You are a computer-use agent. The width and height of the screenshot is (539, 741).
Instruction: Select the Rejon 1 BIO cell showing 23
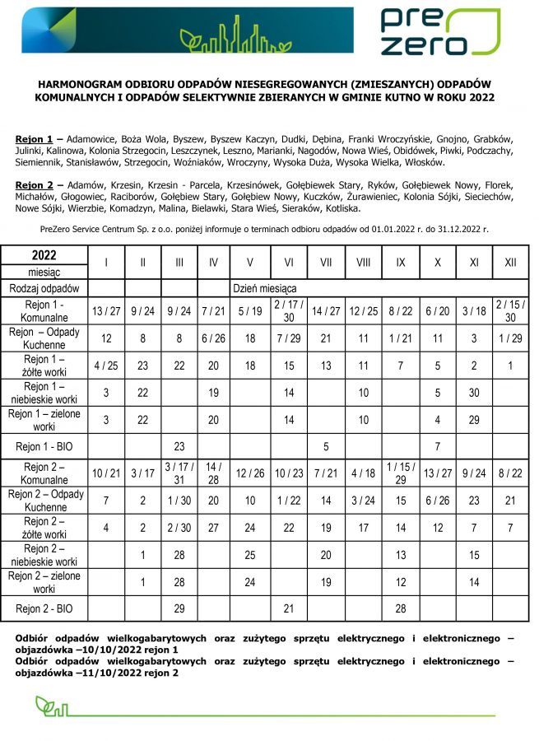pos(179,447)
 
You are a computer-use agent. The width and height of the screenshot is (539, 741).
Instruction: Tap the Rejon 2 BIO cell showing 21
pos(289,608)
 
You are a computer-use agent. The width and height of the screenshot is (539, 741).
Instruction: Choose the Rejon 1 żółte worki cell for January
pos(105,366)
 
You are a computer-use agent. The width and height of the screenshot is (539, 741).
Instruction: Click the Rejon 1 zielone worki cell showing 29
pos(474,420)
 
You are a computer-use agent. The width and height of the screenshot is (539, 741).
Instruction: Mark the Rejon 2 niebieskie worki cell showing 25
pos(250,555)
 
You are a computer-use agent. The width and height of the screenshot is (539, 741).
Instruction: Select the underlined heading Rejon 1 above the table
pos(34,139)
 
